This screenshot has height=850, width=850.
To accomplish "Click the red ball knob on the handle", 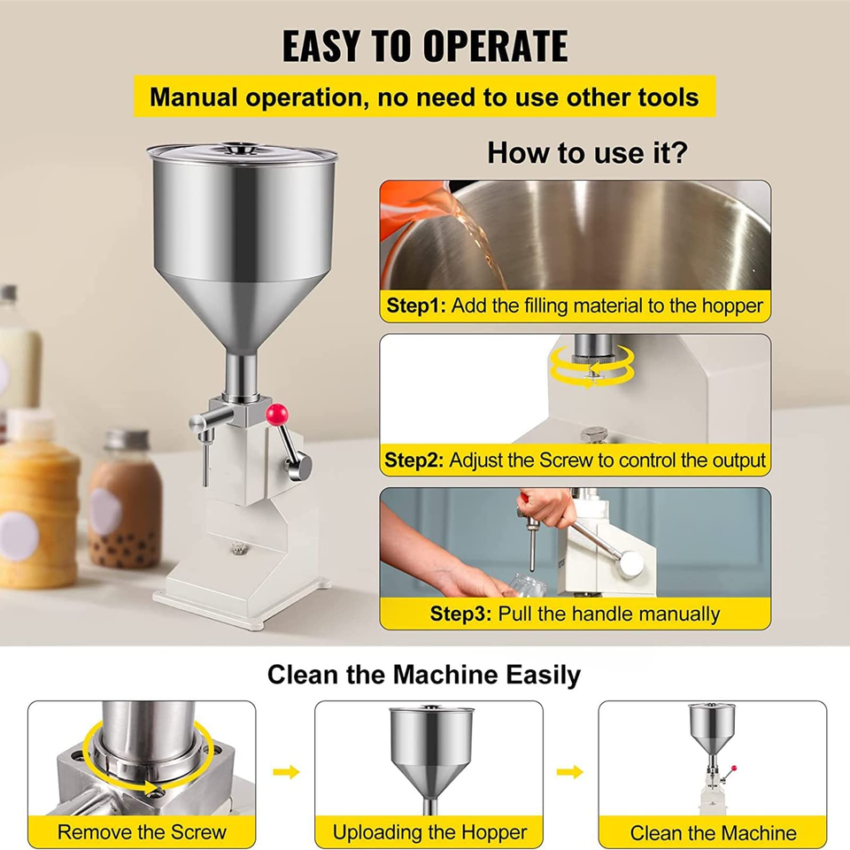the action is (277, 415).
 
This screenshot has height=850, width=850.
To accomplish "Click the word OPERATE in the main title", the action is (496, 46).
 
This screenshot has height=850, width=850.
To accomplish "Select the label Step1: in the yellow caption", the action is (416, 305).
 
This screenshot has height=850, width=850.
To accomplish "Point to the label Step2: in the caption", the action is (413, 460).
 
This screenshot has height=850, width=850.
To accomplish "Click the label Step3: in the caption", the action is (460, 614).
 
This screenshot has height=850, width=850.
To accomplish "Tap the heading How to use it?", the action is (587, 152).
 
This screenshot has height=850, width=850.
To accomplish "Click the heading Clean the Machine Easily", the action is (424, 675).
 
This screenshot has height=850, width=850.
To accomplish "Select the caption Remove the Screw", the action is (142, 831).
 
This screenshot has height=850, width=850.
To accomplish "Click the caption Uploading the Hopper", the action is (429, 832).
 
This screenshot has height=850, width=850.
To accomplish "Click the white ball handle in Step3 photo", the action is (632, 563).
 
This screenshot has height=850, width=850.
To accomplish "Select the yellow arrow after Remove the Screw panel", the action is (286, 771).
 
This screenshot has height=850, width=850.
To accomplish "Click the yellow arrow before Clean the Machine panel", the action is (569, 771).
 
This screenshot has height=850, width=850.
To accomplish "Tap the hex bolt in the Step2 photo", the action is (594, 434).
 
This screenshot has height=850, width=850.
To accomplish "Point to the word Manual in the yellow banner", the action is (194, 97).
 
